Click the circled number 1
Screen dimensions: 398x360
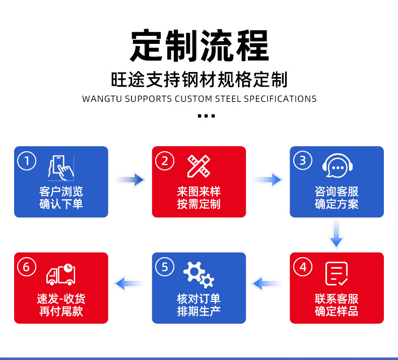click(27, 161)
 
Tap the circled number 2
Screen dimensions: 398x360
click(165, 161)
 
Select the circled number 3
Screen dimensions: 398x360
click(302, 161)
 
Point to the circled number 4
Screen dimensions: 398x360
click(303, 267)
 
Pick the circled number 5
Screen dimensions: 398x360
click(165, 267)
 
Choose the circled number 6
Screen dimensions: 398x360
click(27, 267)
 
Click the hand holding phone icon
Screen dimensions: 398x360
click(61, 167)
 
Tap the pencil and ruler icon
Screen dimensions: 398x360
click(198, 166)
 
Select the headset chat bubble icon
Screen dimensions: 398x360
click(337, 166)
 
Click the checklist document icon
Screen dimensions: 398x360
click(337, 274)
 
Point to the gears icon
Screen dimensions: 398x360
click(198, 274)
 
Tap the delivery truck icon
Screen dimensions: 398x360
click(61, 274)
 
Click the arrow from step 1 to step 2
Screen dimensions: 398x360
click(130, 179)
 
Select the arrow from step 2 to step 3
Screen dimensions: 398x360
click(268, 179)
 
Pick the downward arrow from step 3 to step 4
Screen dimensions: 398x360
click(336, 234)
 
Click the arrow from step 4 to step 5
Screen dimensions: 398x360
click(268, 283)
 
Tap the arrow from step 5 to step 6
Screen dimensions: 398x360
click(129, 283)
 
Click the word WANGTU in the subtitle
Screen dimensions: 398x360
click(101, 99)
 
